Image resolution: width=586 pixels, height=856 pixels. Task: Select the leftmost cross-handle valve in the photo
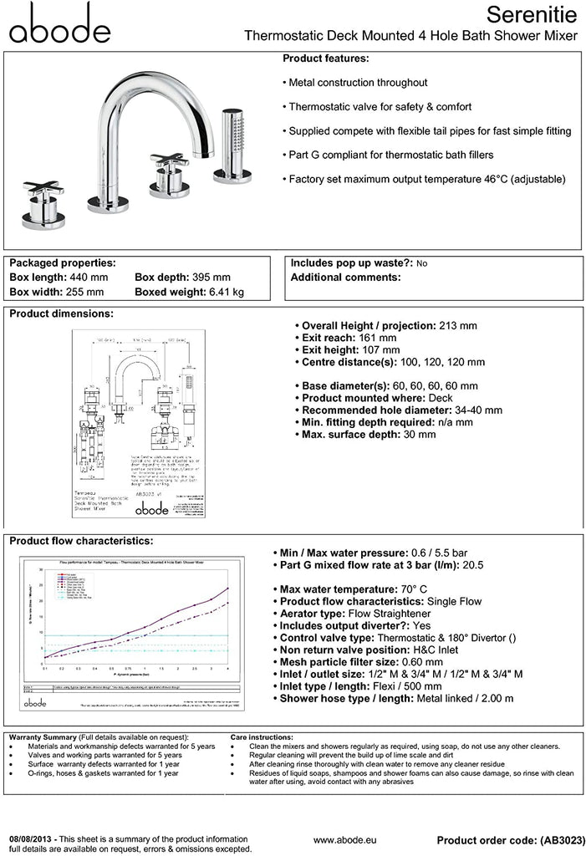click(39, 199)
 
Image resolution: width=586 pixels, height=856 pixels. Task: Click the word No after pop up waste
click(421, 263)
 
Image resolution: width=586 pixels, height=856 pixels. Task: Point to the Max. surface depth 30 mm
click(416, 435)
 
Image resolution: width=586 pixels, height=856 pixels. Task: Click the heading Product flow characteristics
click(81, 541)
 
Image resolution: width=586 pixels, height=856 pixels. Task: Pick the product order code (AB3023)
click(553, 839)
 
